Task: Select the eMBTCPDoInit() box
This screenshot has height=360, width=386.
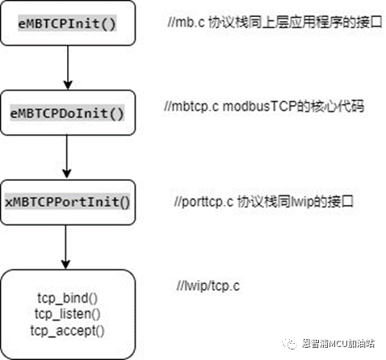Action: pyautogui.click(x=67, y=111)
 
